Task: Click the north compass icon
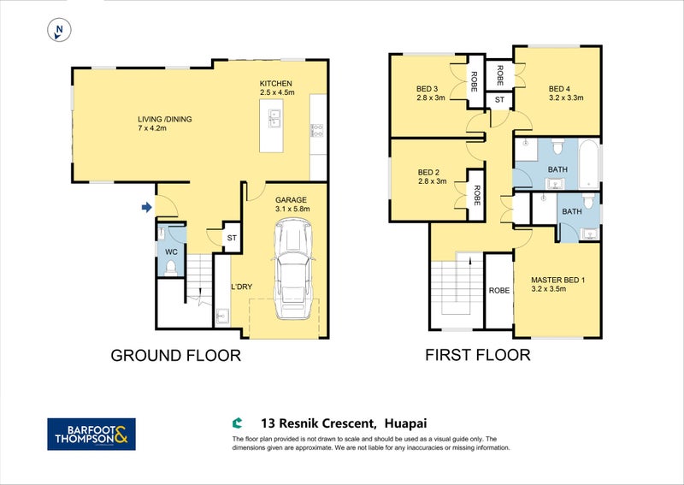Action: tap(59, 30)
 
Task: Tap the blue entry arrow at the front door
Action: tap(146, 207)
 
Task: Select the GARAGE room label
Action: tap(291, 200)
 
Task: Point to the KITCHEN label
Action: tap(275, 83)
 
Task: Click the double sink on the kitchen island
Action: tap(274, 118)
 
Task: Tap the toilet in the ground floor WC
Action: tap(170, 268)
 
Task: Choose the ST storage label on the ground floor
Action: tap(232, 238)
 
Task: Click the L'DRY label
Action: tap(242, 287)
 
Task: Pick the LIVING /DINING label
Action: tap(164, 119)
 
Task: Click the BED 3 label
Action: tap(427, 89)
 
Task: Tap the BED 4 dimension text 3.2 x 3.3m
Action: tap(566, 98)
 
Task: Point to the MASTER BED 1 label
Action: tap(558, 280)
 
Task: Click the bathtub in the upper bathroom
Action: tap(589, 164)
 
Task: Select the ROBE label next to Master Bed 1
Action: tap(499, 290)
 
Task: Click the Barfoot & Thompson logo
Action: tap(91, 434)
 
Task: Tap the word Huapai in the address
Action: tap(405, 423)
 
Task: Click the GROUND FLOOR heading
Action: tap(176, 355)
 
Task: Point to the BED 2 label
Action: tap(428, 173)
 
